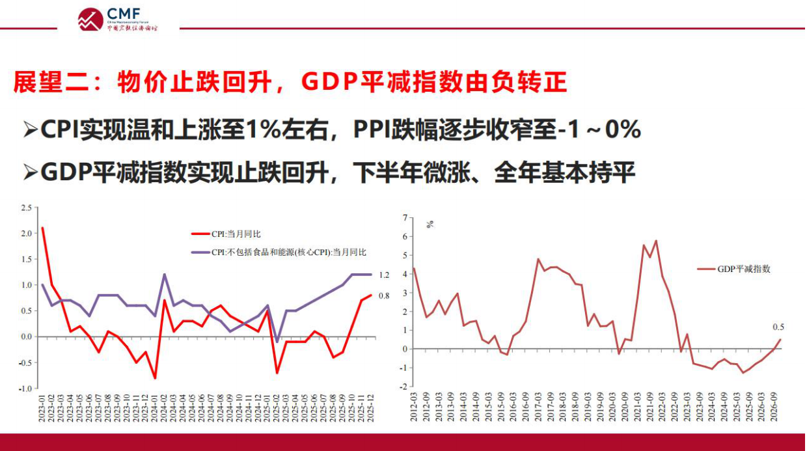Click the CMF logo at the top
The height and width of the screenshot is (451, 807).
(x=117, y=19)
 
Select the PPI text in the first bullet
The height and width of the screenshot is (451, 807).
(x=374, y=130)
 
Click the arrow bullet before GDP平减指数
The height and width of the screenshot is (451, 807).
(x=30, y=172)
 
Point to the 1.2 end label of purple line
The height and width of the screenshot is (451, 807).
(x=383, y=275)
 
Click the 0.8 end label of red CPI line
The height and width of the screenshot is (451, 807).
(x=383, y=295)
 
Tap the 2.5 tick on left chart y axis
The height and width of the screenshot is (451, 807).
(x=26, y=208)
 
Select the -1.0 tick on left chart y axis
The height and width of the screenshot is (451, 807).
(x=25, y=389)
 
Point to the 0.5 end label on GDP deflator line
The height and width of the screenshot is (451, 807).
(x=778, y=327)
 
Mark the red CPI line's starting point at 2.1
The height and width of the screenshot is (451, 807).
(x=43, y=228)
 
